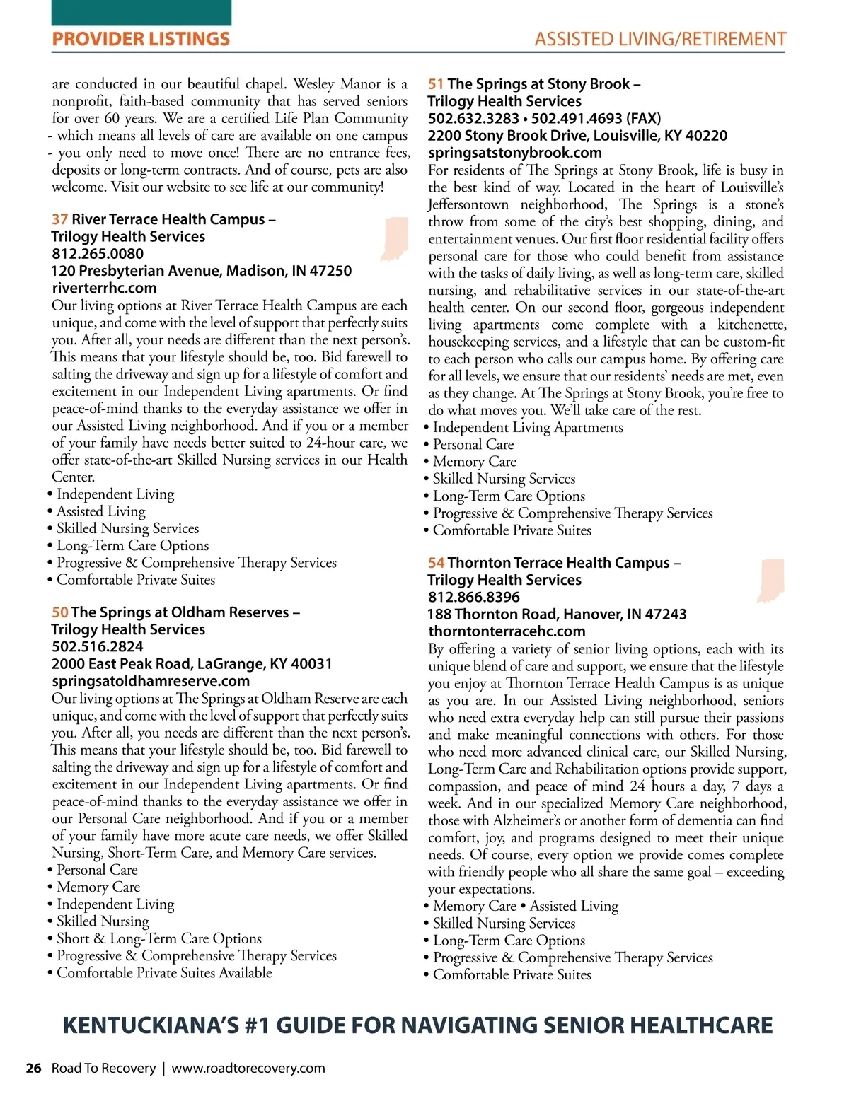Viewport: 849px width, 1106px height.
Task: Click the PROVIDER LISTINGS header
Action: pyautogui.click(x=141, y=39)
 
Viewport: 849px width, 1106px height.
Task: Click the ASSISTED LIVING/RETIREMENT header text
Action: pyautogui.click(x=660, y=39)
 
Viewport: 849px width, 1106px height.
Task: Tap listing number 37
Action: pyautogui.click(x=60, y=219)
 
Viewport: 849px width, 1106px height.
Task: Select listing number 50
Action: pyautogui.click(x=60, y=612)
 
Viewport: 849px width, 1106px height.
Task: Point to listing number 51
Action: pyautogui.click(x=436, y=84)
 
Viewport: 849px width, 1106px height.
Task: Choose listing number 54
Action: pyautogui.click(x=436, y=563)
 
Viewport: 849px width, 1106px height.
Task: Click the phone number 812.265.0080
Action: pyautogui.click(x=98, y=254)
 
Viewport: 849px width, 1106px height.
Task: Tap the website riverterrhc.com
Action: pyautogui.click(x=105, y=288)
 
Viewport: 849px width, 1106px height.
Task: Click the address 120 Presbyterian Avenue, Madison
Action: pyautogui.click(x=201, y=271)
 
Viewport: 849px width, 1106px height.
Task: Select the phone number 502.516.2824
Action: pyautogui.click(x=98, y=646)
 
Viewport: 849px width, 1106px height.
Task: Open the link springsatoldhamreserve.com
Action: pyautogui.click(x=151, y=681)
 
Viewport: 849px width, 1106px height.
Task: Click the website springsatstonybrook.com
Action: pyautogui.click(x=515, y=153)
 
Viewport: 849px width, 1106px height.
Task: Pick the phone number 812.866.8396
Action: pyautogui.click(x=474, y=597)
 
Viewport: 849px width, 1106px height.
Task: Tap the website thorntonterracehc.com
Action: pyautogui.click(x=507, y=631)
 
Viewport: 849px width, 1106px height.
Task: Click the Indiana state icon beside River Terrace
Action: pyautogui.click(x=395, y=238)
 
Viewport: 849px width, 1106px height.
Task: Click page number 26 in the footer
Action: pyautogui.click(x=33, y=1068)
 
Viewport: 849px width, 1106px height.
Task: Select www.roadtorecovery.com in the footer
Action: pyautogui.click(x=248, y=1068)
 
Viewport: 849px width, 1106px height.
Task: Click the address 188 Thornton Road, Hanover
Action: pyautogui.click(x=557, y=614)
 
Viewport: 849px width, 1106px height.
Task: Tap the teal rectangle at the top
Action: pyautogui.click(x=141, y=13)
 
